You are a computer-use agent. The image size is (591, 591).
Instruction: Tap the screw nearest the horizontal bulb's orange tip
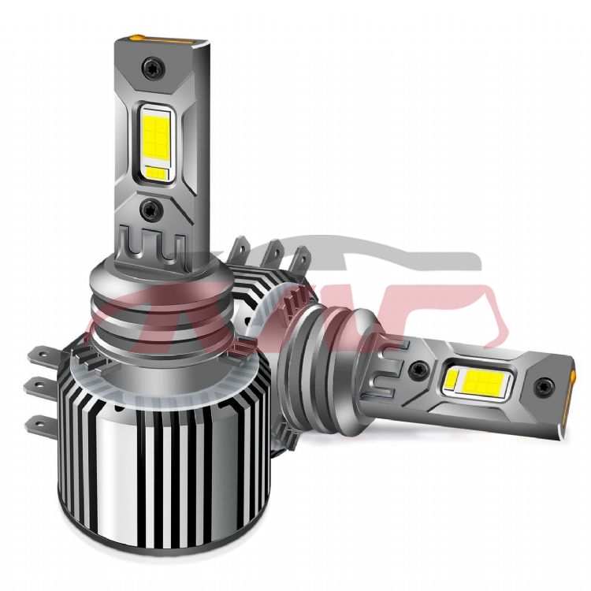(541, 386)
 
